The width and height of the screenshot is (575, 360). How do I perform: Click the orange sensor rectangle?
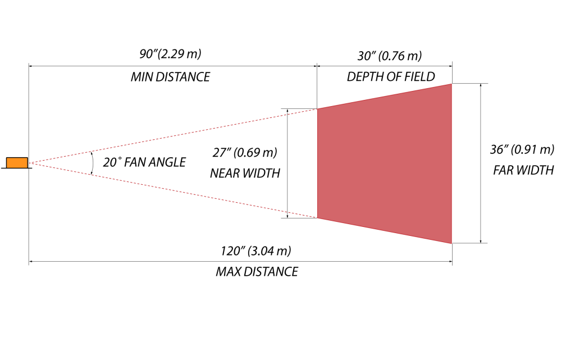tap(16, 163)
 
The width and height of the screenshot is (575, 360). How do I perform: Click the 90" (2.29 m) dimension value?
tap(170, 54)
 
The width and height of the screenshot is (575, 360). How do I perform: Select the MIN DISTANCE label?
tap(170, 77)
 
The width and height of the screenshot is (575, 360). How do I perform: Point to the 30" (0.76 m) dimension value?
tap(389, 56)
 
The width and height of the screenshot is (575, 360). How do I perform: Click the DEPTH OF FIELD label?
tap(391, 77)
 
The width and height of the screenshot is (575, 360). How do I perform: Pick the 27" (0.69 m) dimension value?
tap(244, 152)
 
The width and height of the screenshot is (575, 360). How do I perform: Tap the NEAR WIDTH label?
tap(245, 174)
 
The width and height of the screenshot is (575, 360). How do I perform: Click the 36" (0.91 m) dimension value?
tap(522, 149)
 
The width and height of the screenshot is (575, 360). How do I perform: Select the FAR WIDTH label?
tap(523, 170)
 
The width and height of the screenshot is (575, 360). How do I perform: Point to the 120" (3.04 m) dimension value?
tap(256, 250)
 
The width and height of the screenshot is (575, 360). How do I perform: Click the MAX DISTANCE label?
tap(257, 272)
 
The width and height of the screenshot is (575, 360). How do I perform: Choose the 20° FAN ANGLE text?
tap(144, 163)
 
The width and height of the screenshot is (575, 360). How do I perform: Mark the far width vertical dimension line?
tap(481, 163)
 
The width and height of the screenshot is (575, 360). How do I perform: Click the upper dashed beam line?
tap(168, 136)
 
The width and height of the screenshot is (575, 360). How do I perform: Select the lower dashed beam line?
tap(168, 190)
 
